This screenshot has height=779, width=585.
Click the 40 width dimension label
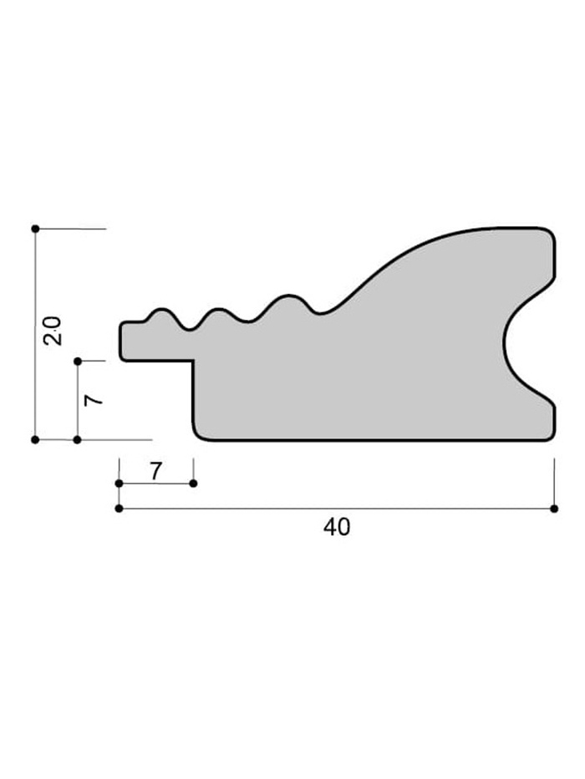click(337, 527)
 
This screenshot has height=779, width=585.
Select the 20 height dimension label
click(53, 331)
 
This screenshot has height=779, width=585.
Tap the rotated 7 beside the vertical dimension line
click(94, 401)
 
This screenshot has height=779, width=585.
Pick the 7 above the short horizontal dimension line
click(155, 472)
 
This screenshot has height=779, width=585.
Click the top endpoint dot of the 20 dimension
click(35, 229)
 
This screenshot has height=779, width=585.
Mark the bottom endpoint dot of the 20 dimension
click(35, 440)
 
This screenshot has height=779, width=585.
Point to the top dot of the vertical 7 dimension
click(77, 362)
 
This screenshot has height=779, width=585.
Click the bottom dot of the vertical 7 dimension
click(77, 440)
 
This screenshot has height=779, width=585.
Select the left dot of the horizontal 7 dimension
click(119, 483)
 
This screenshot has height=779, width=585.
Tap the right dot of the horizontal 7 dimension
click(194, 483)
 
